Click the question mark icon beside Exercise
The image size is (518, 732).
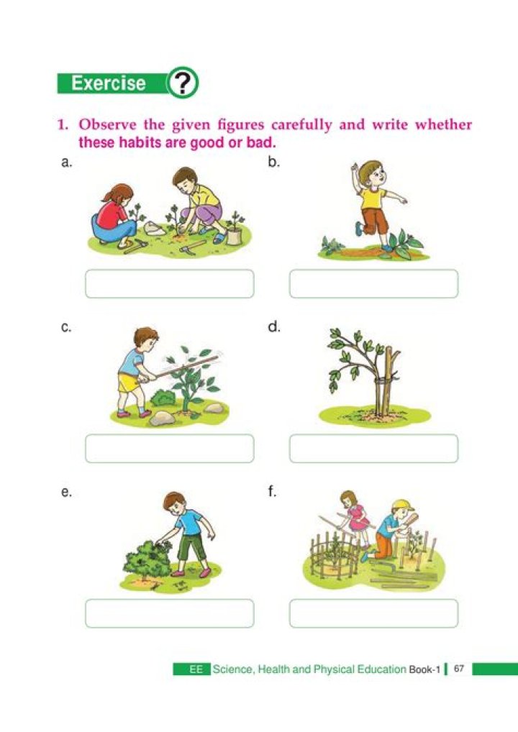coord(183,83)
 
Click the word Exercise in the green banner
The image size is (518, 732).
coord(109,83)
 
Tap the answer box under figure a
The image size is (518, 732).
coord(169,284)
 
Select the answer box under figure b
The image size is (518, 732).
coord(373,284)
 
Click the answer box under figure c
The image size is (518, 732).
coord(169,449)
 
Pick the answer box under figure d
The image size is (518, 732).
coord(373,449)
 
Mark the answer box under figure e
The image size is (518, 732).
coord(169,613)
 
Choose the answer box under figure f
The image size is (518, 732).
coord(373,613)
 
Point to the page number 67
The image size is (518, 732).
coord(459,669)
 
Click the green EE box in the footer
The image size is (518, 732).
coord(192,669)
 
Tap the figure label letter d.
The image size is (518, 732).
coord(273,328)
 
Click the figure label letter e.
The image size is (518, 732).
coord(66,493)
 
